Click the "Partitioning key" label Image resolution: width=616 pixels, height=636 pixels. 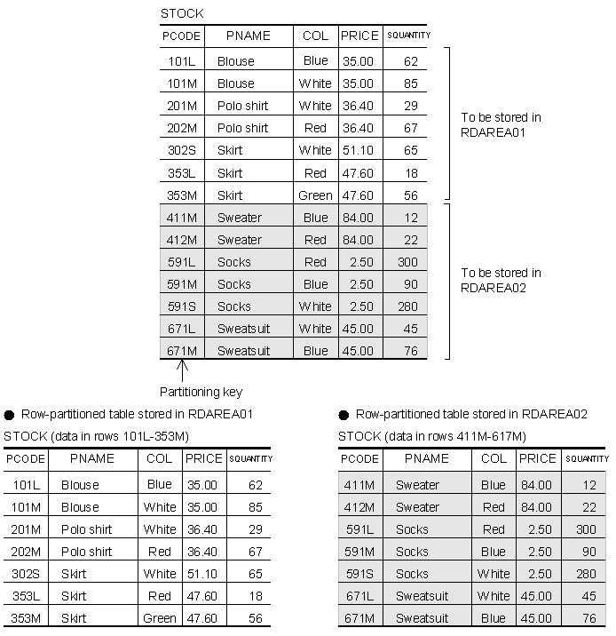click(201, 392)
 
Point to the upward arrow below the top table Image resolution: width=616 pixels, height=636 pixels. click(183, 370)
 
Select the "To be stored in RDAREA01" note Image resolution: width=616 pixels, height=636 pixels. click(501, 124)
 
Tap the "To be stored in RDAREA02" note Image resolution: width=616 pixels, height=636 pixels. click(501, 280)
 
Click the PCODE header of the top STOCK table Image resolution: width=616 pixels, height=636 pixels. click(182, 36)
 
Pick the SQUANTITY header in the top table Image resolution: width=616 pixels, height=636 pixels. click(408, 36)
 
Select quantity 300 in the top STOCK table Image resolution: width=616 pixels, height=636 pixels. click(407, 262)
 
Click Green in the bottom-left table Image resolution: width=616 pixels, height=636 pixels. click(160, 618)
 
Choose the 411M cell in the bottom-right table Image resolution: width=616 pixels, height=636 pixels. click(359, 485)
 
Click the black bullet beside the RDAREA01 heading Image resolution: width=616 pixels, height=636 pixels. click(10, 414)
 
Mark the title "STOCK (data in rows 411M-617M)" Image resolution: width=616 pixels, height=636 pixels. click(431, 436)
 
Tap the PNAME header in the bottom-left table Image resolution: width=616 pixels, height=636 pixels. click(92, 459)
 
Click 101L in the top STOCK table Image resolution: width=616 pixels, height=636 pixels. click(182, 61)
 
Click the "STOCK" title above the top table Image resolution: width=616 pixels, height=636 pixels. click(181, 13)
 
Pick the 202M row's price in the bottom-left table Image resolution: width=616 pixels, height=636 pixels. click(202, 552)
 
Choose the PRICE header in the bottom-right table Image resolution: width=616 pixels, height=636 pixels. click(537, 459)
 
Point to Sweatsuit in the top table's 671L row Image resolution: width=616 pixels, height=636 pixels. click(243, 329)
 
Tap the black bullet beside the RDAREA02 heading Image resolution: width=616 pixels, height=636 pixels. click(344, 414)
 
